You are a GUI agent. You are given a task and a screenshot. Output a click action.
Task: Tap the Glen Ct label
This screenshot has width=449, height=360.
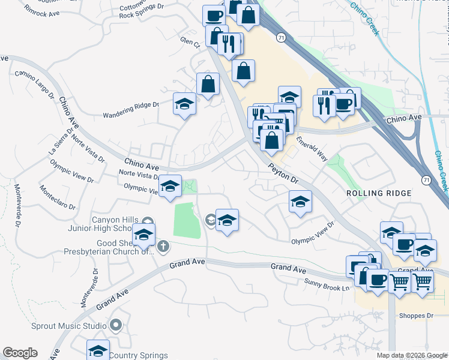point(189,40)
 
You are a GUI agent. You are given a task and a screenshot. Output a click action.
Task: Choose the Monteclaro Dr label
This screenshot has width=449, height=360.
point(58,197)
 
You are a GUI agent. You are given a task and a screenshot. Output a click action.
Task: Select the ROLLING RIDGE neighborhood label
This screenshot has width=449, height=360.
point(379,193)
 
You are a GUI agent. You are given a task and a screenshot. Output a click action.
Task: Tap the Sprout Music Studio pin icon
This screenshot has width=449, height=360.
point(116,326)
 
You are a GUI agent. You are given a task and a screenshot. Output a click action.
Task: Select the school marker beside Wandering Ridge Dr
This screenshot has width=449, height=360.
point(185,104)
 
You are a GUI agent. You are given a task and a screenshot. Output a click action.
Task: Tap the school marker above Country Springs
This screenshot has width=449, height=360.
point(98,350)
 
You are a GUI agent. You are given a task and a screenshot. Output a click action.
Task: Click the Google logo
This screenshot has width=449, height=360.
point(20,353)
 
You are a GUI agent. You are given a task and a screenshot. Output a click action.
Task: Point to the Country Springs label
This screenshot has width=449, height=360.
point(139,356)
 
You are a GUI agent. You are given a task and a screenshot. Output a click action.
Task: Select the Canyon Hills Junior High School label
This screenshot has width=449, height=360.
point(115,224)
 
